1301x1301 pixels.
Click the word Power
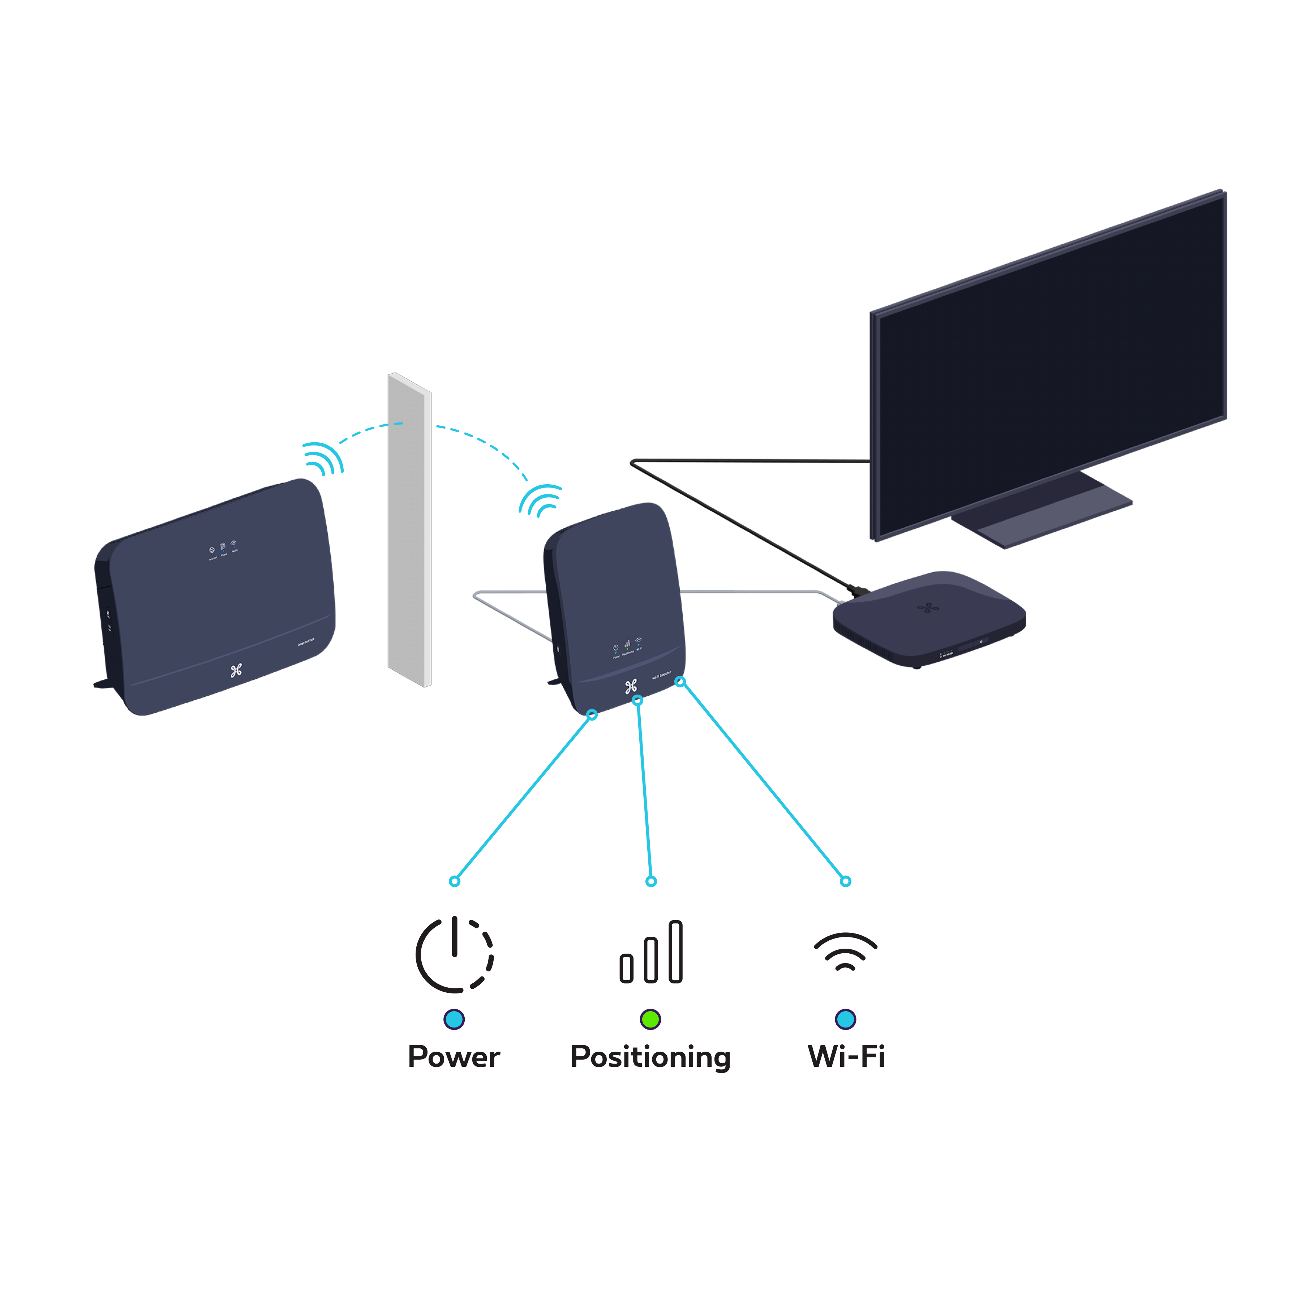pos(454,1056)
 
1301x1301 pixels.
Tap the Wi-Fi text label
pos(846,1056)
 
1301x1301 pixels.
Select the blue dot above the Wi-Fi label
pos(845,1019)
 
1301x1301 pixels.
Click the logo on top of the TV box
pos(928,608)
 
